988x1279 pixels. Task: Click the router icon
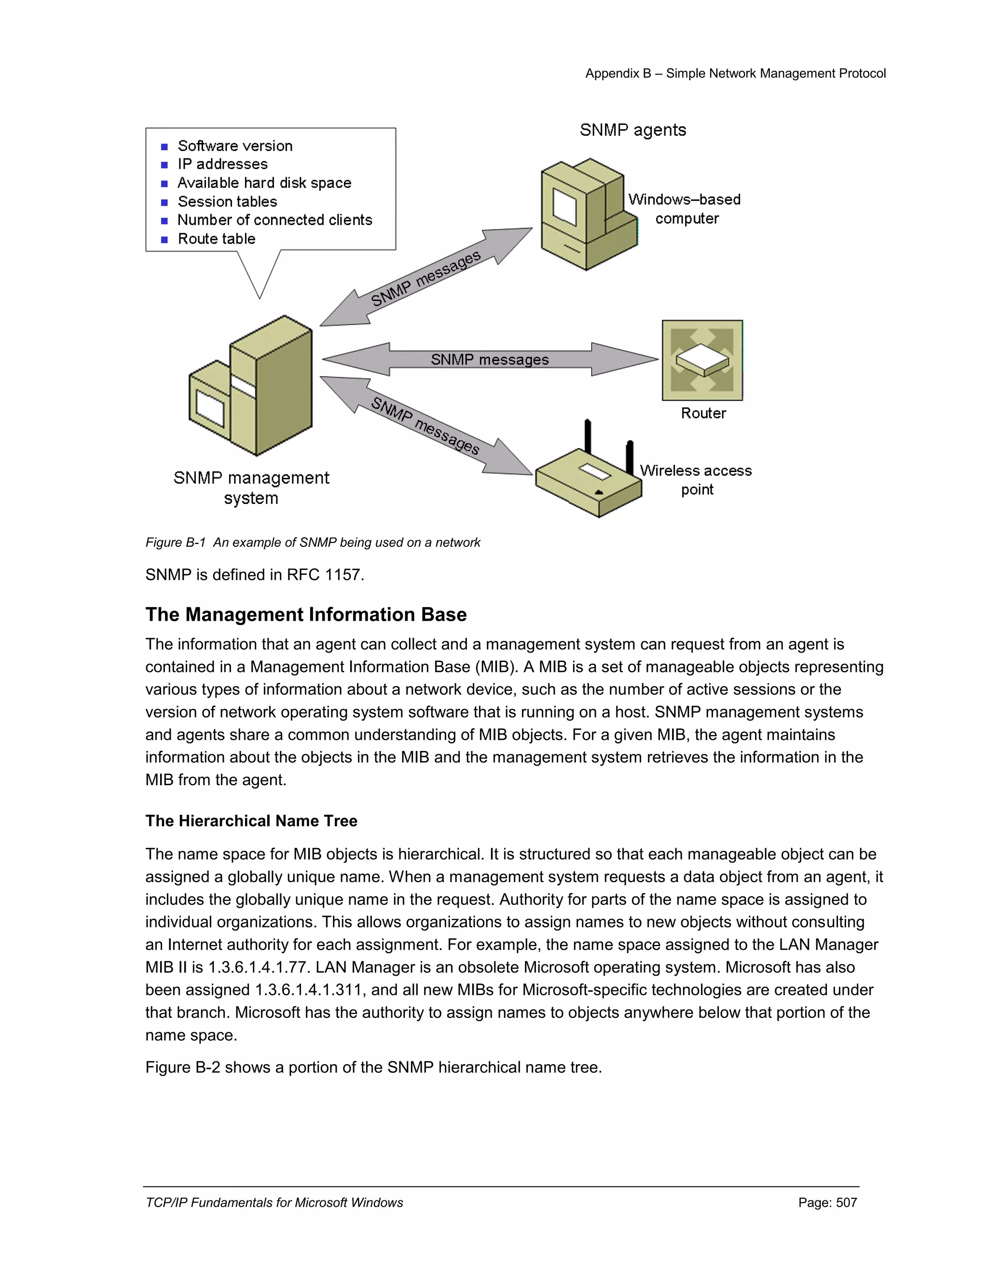pos(702,360)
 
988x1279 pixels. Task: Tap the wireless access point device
pos(589,481)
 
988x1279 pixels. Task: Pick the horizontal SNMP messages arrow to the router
pos(490,359)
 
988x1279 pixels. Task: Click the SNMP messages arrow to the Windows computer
pos(426,278)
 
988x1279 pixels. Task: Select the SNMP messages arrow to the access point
pos(425,426)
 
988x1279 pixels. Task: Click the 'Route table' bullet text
pos(217,239)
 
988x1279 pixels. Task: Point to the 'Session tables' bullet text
pos(227,201)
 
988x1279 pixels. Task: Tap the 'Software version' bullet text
pos(235,146)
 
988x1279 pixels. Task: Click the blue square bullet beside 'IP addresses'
pos(165,165)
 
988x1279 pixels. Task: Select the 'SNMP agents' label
pos(633,130)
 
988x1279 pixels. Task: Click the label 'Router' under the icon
pos(703,414)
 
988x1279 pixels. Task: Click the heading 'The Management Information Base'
pos(305,614)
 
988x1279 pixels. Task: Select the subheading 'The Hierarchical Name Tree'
pos(251,820)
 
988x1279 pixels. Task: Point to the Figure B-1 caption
pos(313,542)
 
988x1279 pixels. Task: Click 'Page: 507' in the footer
pos(827,1202)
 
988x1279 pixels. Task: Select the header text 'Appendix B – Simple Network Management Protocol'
pos(735,73)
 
